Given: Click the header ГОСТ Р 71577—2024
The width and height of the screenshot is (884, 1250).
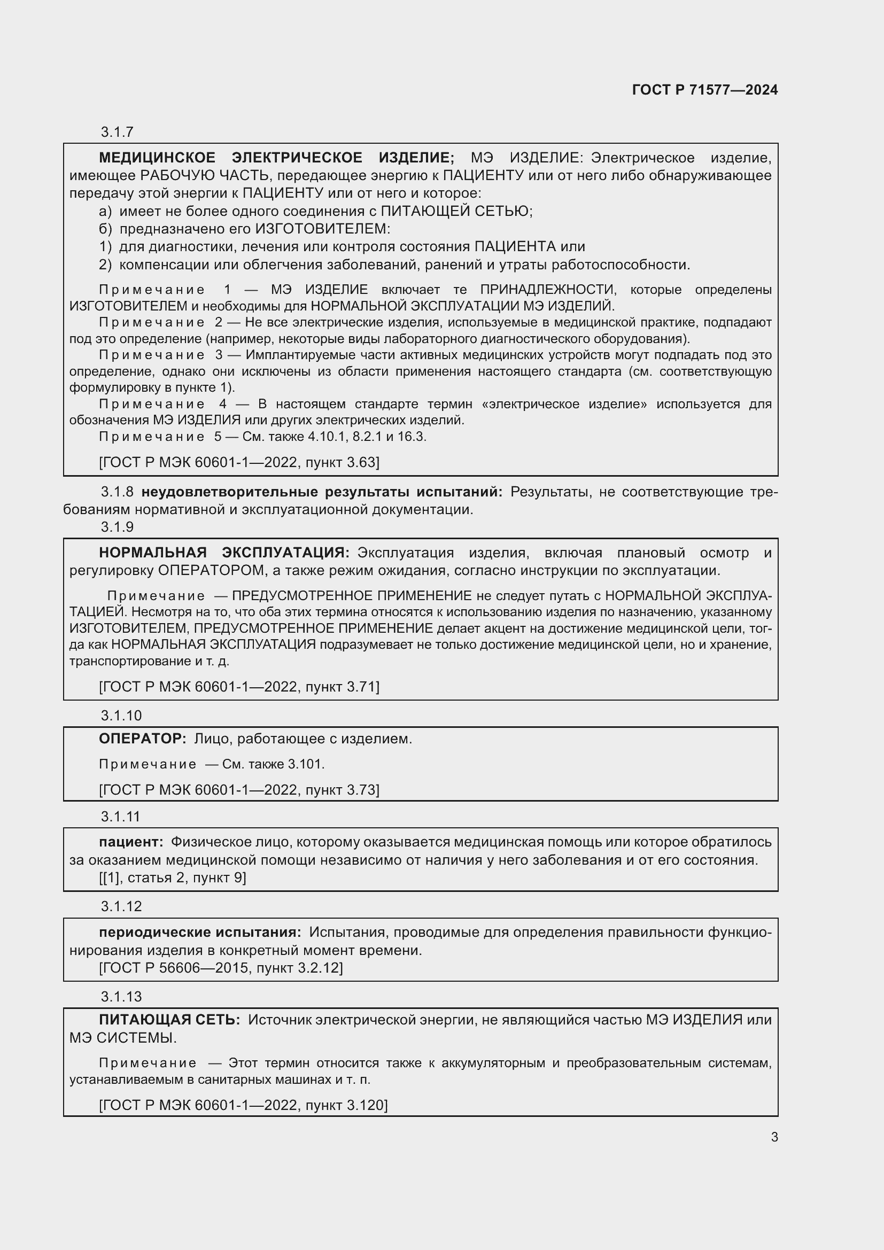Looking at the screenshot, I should click(704, 90).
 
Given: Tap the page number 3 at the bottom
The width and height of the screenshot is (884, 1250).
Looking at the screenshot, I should click(774, 1137).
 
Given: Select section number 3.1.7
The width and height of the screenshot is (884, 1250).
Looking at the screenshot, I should click(117, 132).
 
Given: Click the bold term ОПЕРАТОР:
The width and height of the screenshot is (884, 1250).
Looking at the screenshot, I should click(143, 739).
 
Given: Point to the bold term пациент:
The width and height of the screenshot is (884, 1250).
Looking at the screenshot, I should click(131, 842).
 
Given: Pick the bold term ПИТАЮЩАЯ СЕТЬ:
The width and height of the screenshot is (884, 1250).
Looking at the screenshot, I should click(169, 1019).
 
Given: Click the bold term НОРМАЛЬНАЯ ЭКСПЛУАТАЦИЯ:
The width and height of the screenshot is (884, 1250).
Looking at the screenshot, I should click(224, 553).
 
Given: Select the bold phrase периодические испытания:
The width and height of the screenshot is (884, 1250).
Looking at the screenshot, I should click(200, 932).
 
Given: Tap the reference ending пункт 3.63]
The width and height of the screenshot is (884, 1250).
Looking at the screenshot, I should click(239, 462).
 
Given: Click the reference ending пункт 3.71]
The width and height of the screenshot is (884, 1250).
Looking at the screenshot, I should click(239, 687).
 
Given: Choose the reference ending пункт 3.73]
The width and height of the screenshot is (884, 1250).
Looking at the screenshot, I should click(239, 789).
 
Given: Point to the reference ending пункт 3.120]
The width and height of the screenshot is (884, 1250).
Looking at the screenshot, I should click(243, 1105).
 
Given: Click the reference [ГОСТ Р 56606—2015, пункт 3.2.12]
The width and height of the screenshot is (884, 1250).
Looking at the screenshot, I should click(221, 967).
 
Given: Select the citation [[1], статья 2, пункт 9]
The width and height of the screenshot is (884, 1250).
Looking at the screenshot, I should click(173, 878).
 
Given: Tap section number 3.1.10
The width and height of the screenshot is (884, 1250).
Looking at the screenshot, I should click(121, 716).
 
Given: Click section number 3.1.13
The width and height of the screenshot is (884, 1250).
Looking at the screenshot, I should click(121, 996).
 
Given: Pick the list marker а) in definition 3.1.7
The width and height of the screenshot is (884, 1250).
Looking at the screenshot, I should click(105, 211).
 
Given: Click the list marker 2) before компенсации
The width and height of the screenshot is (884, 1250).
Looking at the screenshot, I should click(105, 265).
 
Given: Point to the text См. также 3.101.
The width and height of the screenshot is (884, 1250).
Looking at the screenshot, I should click(273, 764).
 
